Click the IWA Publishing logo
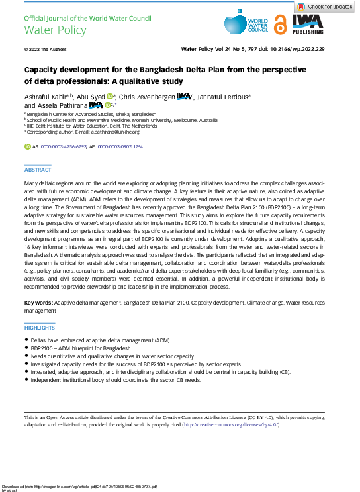pos(308,25)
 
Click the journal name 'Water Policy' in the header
pos(46,30)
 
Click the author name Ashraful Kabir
pos(46,97)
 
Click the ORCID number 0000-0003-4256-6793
pos(64,145)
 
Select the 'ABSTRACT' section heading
pos(37,170)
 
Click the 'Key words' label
pos(38,302)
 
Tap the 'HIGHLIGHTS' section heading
pos(40,328)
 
